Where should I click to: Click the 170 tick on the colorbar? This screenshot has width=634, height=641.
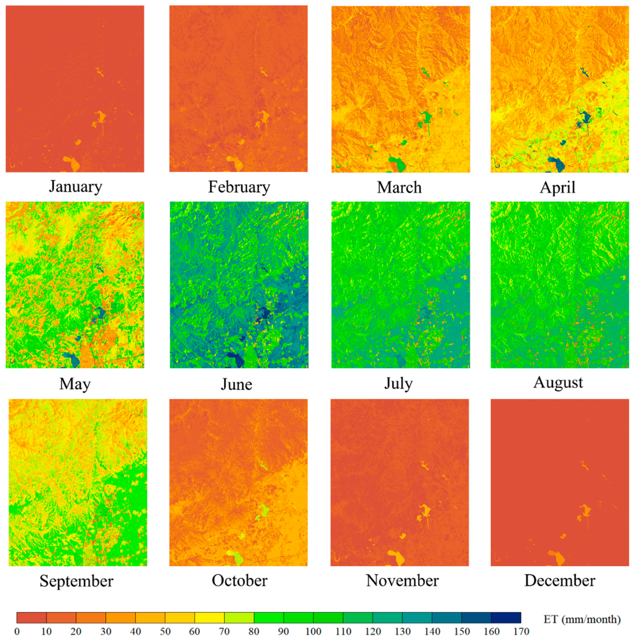click(521, 631)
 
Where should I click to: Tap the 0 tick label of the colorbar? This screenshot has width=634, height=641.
click(17, 631)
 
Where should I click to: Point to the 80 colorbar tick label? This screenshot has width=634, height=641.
click(254, 631)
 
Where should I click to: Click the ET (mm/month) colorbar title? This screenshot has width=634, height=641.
click(582, 619)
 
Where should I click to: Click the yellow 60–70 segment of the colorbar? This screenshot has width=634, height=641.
click(209, 618)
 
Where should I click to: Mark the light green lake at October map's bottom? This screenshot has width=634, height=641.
click(236, 557)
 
